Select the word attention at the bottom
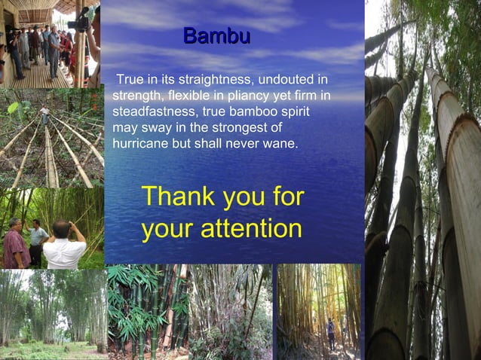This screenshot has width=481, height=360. coord(254,229)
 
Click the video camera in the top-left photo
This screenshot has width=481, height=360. coord(78,23)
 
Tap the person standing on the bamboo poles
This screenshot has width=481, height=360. coord(45,114)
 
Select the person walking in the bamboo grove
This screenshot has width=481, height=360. coord(331,331)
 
